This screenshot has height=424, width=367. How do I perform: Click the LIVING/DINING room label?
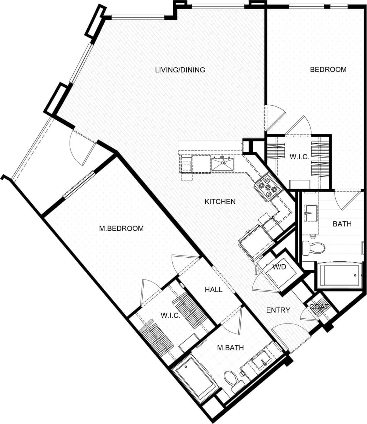(x=180, y=70)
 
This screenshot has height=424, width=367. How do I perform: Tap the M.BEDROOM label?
(x=121, y=228)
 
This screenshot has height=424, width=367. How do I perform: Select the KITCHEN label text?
(x=220, y=202)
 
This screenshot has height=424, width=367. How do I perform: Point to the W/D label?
(x=279, y=267)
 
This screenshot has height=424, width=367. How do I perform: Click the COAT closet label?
(x=319, y=307)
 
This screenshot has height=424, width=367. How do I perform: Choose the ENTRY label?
(x=278, y=310)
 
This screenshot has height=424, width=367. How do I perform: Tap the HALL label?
(x=214, y=290)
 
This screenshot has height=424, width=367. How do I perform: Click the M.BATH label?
(x=231, y=348)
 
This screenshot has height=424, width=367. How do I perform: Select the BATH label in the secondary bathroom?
(x=342, y=224)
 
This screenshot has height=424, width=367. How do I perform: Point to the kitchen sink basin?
(x=222, y=164)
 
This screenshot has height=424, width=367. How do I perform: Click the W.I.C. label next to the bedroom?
(x=299, y=157)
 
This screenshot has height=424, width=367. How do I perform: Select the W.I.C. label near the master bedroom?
(x=170, y=315)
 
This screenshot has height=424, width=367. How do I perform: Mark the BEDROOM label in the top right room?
(x=328, y=70)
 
